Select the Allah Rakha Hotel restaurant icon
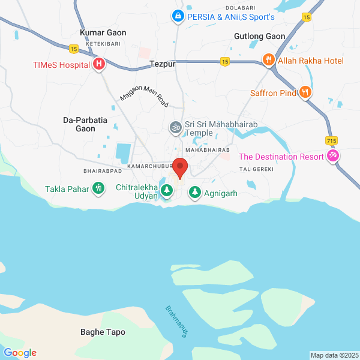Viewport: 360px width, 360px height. (x=268, y=61)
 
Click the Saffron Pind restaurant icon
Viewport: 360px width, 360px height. (x=305, y=92)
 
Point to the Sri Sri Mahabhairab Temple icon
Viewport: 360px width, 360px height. (x=175, y=127)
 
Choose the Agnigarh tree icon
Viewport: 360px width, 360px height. (x=195, y=192)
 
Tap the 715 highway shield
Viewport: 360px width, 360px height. (x=331, y=140)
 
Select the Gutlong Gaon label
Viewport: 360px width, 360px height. (x=259, y=36)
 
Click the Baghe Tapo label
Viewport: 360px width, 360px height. (x=103, y=332)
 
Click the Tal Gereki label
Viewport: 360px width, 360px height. (x=257, y=170)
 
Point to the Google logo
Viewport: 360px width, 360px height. (x=20, y=353)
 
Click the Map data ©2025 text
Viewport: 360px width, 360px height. (x=333, y=355)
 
